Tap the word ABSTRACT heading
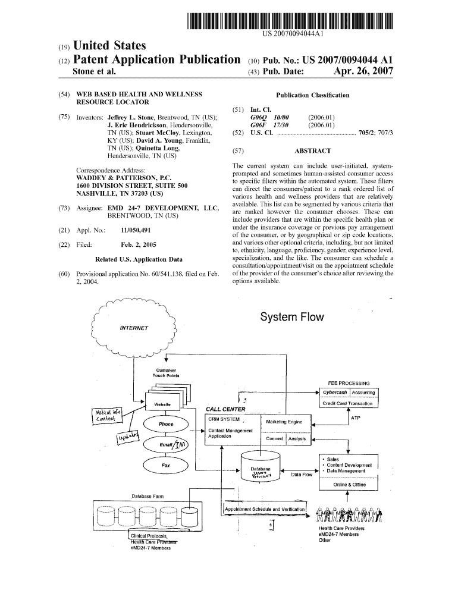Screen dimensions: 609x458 click(312, 151)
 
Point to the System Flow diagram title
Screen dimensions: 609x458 click(292, 317)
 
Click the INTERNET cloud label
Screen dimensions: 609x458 click(134, 328)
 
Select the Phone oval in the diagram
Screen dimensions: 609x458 click(166, 424)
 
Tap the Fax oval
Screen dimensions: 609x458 click(166, 464)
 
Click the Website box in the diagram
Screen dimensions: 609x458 click(162, 404)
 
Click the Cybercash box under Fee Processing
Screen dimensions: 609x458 click(335, 392)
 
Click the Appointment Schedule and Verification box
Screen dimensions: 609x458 click(265, 509)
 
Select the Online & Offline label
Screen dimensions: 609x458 click(349, 484)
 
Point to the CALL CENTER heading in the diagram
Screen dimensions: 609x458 click(225, 409)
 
